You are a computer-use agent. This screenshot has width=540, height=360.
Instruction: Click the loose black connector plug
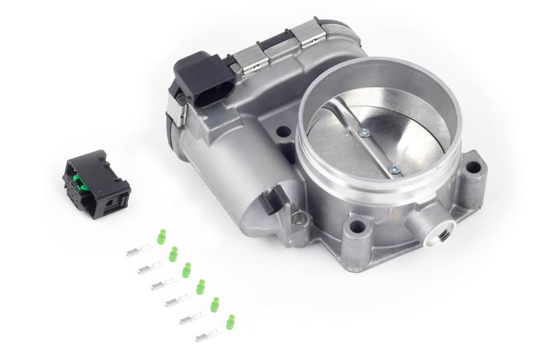click(96, 178)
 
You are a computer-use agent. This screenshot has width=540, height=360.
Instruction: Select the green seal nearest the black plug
click(161, 236)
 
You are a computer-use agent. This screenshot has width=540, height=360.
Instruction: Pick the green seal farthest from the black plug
click(230, 321)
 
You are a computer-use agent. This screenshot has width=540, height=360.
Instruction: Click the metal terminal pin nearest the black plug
click(139, 251)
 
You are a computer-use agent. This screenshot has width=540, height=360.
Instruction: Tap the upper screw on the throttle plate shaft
click(364, 132)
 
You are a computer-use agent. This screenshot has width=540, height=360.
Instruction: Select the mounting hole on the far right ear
click(473, 167)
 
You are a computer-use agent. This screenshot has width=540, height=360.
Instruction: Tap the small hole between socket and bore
click(283, 132)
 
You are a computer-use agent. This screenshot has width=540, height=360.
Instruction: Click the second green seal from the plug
click(173, 254)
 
